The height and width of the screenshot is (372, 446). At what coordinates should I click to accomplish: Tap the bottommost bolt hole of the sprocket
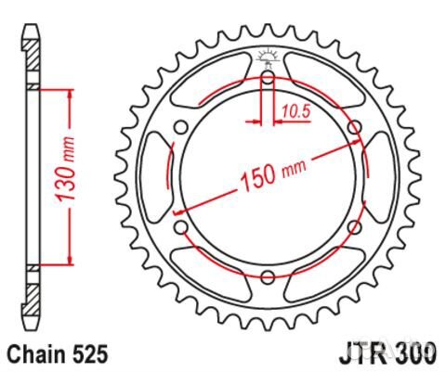[268, 276]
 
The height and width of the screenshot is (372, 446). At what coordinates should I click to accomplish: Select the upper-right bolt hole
[353, 127]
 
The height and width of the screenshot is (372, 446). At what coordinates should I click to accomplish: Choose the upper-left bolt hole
[181, 127]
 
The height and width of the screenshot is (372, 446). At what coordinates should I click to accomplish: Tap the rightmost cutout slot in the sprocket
[380, 176]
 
